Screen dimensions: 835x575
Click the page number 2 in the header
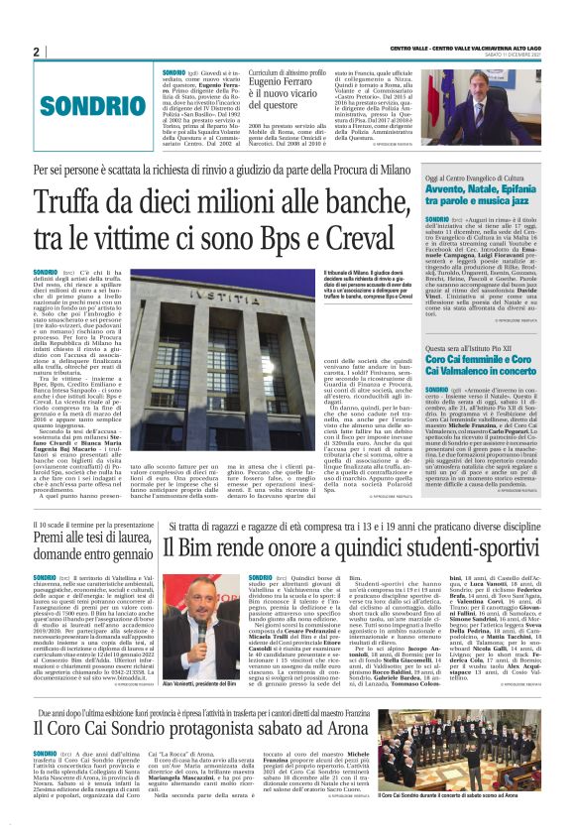coord(37,52)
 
